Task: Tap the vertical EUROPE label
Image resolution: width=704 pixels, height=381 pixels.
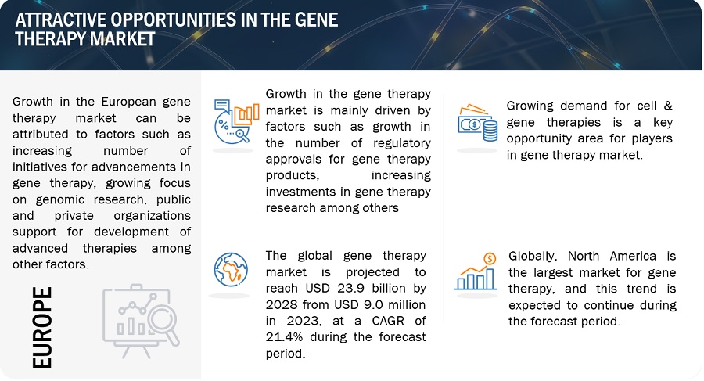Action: [42, 328]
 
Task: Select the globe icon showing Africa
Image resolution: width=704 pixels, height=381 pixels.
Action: [231, 270]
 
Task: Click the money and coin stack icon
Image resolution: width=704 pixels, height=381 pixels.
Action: [478, 123]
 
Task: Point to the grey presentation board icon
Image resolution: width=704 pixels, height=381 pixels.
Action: [141, 321]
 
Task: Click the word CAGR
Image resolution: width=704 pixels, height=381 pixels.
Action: [388, 321]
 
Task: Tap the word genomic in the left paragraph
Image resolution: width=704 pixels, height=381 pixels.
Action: [60, 199]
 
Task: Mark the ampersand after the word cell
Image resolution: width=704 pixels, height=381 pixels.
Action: [668, 106]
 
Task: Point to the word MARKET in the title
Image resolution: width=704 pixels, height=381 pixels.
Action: [123, 39]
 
